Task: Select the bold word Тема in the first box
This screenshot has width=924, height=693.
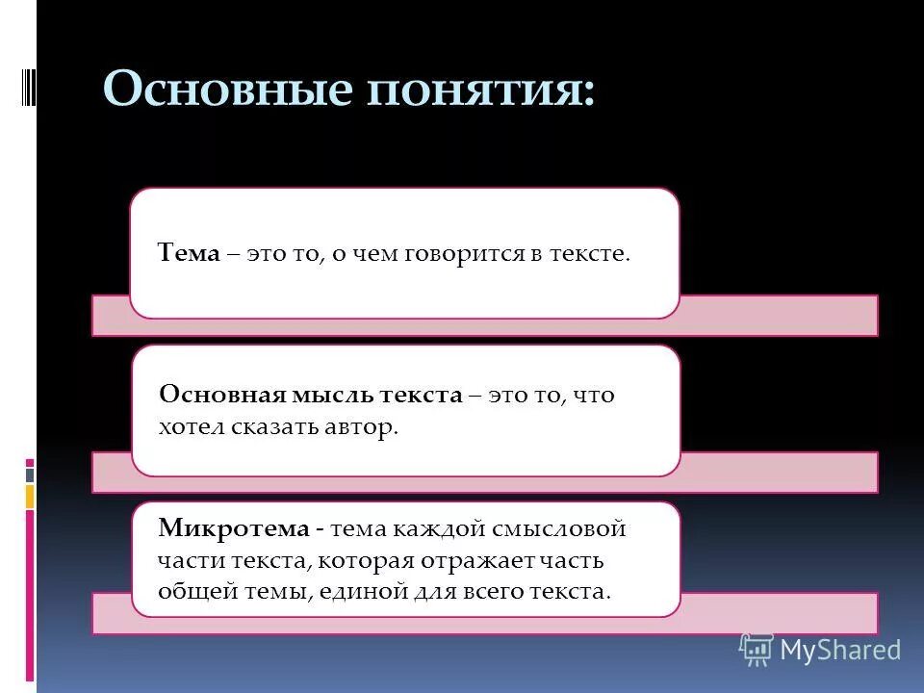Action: (x=190, y=254)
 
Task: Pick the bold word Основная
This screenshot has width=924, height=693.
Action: (x=214, y=395)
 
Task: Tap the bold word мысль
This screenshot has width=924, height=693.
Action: (x=320, y=395)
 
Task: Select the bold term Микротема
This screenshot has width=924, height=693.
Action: (x=234, y=528)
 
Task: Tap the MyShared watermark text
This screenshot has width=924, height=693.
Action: (x=840, y=650)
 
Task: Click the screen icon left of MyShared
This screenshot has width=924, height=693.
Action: (x=756, y=650)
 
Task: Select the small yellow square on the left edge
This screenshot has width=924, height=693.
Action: (x=30, y=497)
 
